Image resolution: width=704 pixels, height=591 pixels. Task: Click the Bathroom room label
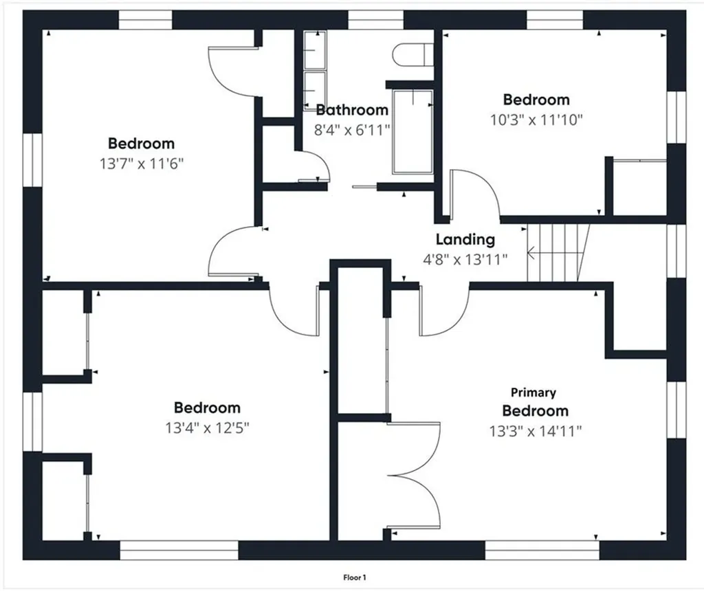click(352, 109)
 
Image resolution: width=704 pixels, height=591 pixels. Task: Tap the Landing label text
click(465, 239)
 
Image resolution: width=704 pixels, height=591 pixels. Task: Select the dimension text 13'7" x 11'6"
click(142, 164)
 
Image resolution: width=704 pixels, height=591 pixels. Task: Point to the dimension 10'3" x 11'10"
click(536, 120)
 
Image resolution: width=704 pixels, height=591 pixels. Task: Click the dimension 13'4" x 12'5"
click(208, 428)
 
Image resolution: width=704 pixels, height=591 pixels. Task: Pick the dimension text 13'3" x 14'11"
click(536, 432)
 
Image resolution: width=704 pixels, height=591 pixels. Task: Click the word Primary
click(533, 392)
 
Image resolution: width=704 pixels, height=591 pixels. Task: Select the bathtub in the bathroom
click(412, 132)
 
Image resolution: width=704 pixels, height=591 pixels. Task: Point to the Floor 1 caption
click(355, 577)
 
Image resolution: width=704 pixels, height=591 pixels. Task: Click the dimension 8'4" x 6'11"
click(352, 130)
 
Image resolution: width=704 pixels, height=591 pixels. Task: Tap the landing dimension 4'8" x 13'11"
click(465, 259)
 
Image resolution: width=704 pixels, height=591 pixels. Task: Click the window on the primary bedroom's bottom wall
click(542, 550)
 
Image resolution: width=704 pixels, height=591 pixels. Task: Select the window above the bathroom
click(375, 21)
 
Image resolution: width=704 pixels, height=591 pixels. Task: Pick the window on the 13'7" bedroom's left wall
click(32, 159)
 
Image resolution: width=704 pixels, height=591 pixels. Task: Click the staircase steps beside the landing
click(558, 253)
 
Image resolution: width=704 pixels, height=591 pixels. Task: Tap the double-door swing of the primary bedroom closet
click(414, 476)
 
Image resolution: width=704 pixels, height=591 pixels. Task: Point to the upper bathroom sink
click(315, 49)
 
